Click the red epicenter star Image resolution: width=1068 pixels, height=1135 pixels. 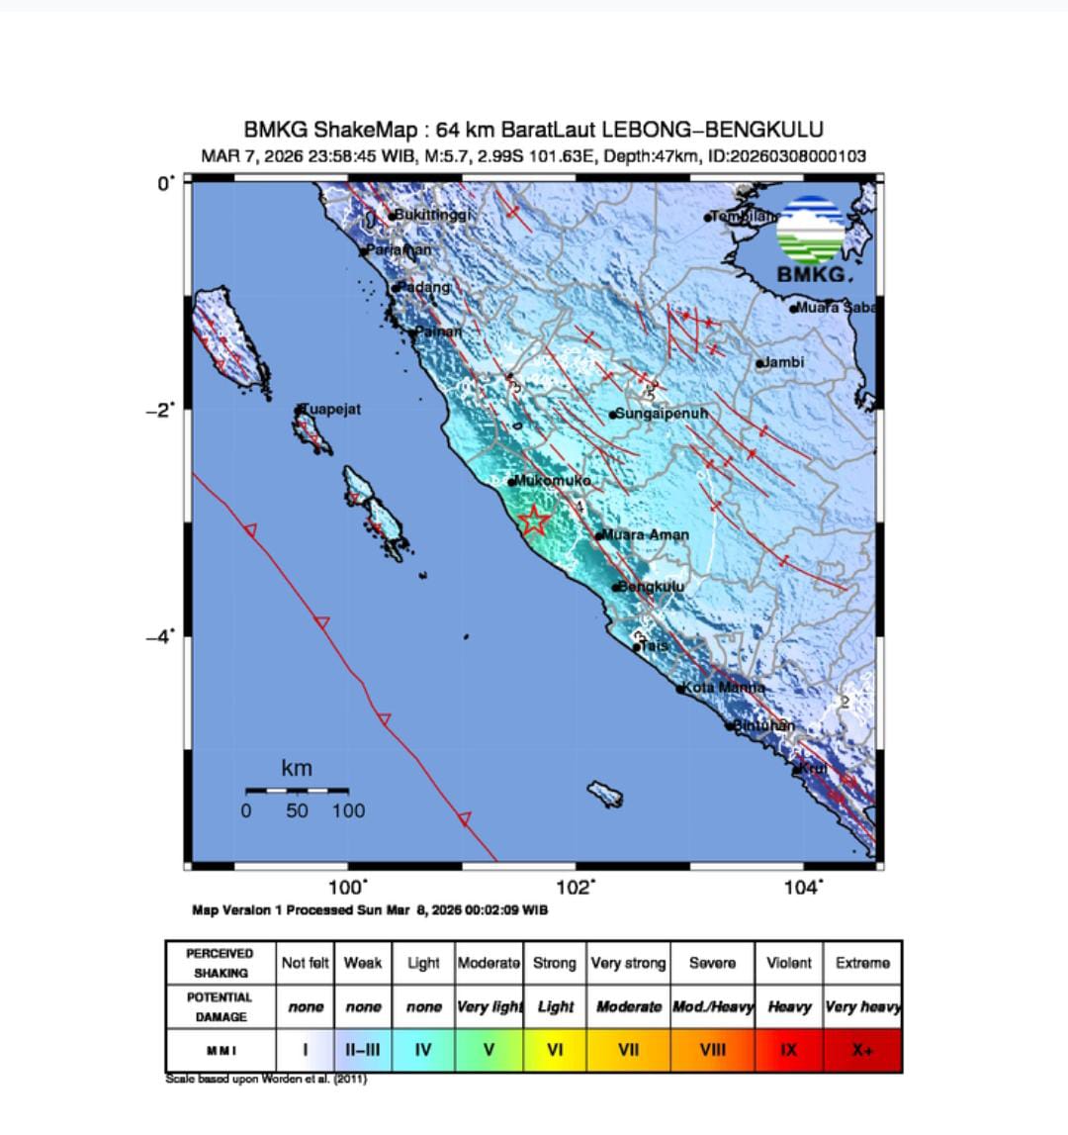point(534,520)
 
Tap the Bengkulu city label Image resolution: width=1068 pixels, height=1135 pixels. point(650,587)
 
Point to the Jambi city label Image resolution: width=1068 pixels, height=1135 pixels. point(783,362)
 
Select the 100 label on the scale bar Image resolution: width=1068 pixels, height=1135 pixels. point(349,811)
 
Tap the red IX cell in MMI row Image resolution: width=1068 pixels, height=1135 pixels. point(788,1049)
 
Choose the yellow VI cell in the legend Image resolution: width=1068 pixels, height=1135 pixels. point(555,1049)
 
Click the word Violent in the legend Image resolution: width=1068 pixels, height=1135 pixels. point(788,963)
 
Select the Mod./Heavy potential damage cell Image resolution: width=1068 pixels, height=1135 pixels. point(712,1006)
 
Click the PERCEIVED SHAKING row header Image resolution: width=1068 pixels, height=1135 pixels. point(221,963)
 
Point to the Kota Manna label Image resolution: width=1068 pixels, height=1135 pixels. point(724,687)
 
